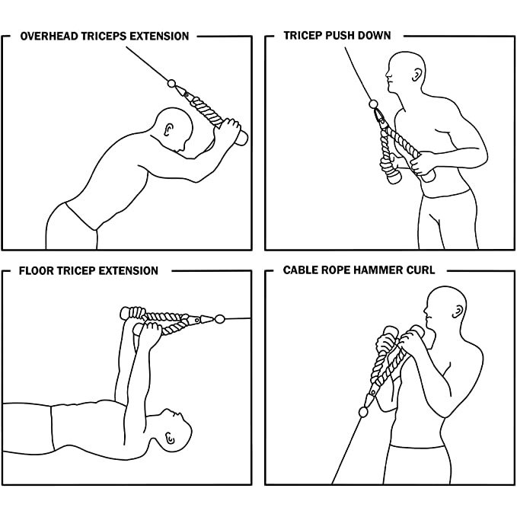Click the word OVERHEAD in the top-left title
click(49, 36)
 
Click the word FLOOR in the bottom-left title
click(37, 271)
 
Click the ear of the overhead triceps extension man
click(168, 129)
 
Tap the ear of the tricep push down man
click(416, 75)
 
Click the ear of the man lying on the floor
click(170, 438)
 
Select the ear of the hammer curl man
click(458, 311)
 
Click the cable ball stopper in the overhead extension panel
click(171, 84)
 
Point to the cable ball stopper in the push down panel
click(373, 104)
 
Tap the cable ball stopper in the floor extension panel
click(219, 319)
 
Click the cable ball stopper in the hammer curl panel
click(363, 412)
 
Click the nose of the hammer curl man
click(426, 311)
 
